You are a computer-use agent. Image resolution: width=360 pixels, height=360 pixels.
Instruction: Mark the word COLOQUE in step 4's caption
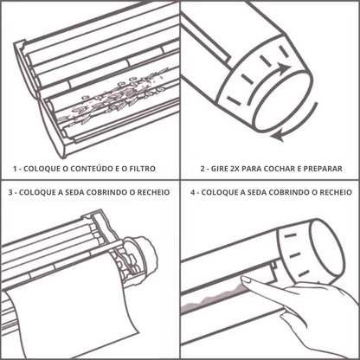[x=221, y=192]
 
